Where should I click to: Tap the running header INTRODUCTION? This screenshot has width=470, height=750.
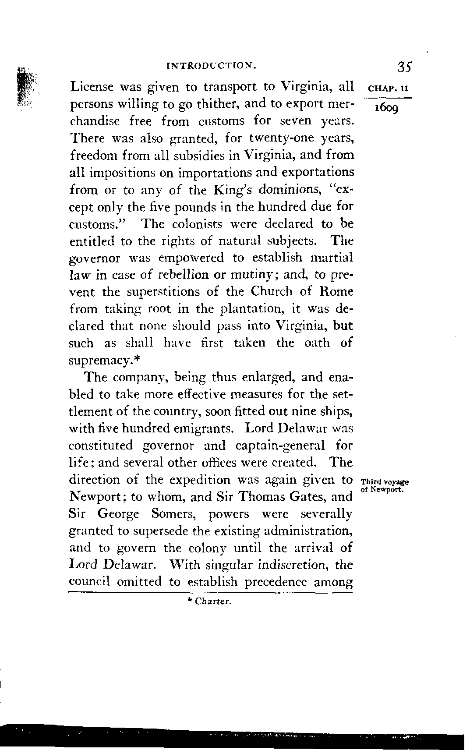(x=211, y=67)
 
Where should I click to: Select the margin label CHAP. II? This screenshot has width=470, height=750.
(x=386, y=88)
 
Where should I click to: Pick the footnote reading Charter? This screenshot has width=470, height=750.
(x=209, y=601)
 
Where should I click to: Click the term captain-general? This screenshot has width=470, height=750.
(x=280, y=446)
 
